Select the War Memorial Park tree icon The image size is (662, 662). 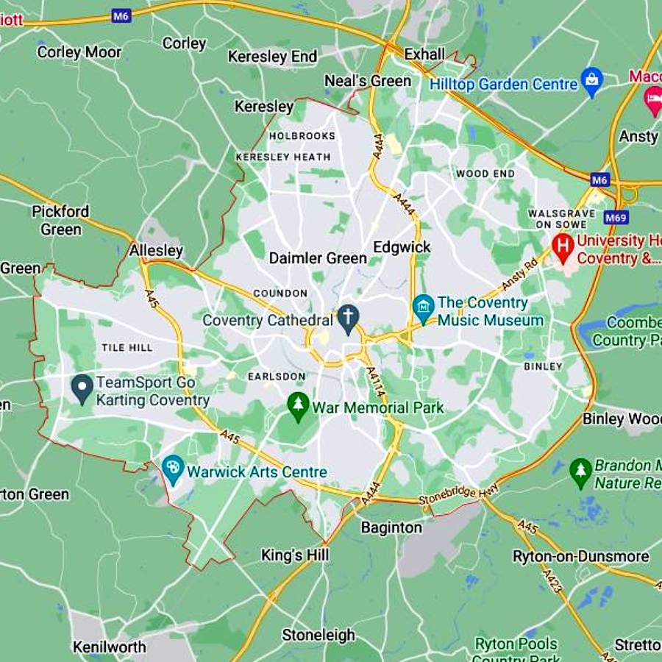tap(298, 405)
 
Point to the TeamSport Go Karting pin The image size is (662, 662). tap(82, 386)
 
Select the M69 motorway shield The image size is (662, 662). tap(616, 217)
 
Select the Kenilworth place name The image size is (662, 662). tap(109, 647)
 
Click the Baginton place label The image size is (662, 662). tap(391, 527)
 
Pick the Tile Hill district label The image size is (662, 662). tap(127, 347)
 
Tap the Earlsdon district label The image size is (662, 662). tap(277, 376)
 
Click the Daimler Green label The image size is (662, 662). tap(318, 258)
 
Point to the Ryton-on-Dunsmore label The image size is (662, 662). tap(581, 556)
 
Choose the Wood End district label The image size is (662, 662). tap(485, 174)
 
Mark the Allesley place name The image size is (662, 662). tap(156, 251)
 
